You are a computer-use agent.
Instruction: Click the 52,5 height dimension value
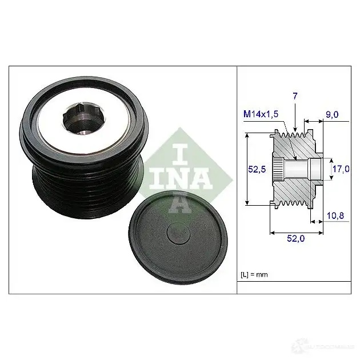(257, 170)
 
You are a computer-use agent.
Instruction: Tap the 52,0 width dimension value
(296, 238)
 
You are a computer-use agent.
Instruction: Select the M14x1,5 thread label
(261, 114)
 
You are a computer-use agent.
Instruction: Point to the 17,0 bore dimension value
(341, 169)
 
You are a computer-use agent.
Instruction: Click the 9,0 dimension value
(332, 114)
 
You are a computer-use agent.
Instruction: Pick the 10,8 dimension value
(335, 215)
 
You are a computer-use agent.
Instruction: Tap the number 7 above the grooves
(295, 96)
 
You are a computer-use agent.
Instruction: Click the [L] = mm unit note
(254, 275)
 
